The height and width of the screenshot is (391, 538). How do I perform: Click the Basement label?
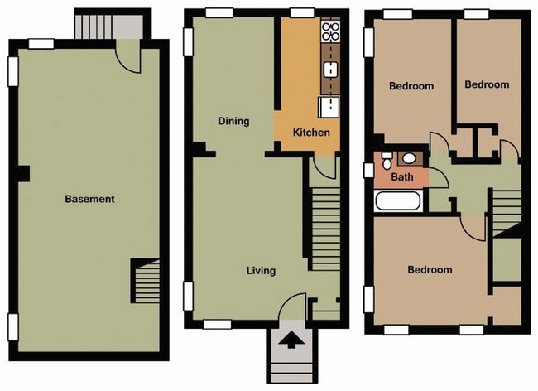coord(89,199)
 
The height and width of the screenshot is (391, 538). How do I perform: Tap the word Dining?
coord(233,121)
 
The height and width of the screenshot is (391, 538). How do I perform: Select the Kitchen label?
coord(311,133)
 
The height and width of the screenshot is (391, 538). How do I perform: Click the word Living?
coord(261,271)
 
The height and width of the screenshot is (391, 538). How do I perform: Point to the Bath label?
coord(402,176)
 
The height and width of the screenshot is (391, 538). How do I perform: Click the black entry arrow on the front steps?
coord(291,340)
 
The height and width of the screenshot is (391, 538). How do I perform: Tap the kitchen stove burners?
coord(330,31)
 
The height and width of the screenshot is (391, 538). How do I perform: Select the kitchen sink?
coord(329,105)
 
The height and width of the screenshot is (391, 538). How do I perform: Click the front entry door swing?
coord(291,311)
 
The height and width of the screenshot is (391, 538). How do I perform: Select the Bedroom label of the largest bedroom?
coord(430,269)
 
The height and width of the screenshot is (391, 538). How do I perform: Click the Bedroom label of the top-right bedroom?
coord(486,84)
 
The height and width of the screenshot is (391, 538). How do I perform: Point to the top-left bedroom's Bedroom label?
coord(411,86)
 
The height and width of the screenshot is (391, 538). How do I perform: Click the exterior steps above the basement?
coord(94,26)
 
